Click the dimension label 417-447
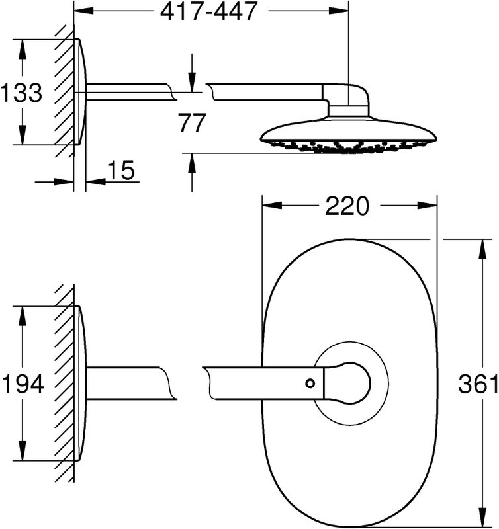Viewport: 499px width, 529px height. coord(208,11)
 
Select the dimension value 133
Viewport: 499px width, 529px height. coord(21,92)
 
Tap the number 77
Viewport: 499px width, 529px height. coord(192,123)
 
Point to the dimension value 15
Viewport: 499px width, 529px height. coord(121,170)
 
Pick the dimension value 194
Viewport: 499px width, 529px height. coord(23,384)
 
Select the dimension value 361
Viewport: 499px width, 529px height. coord(478,384)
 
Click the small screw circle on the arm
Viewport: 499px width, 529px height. coord(310,384)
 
